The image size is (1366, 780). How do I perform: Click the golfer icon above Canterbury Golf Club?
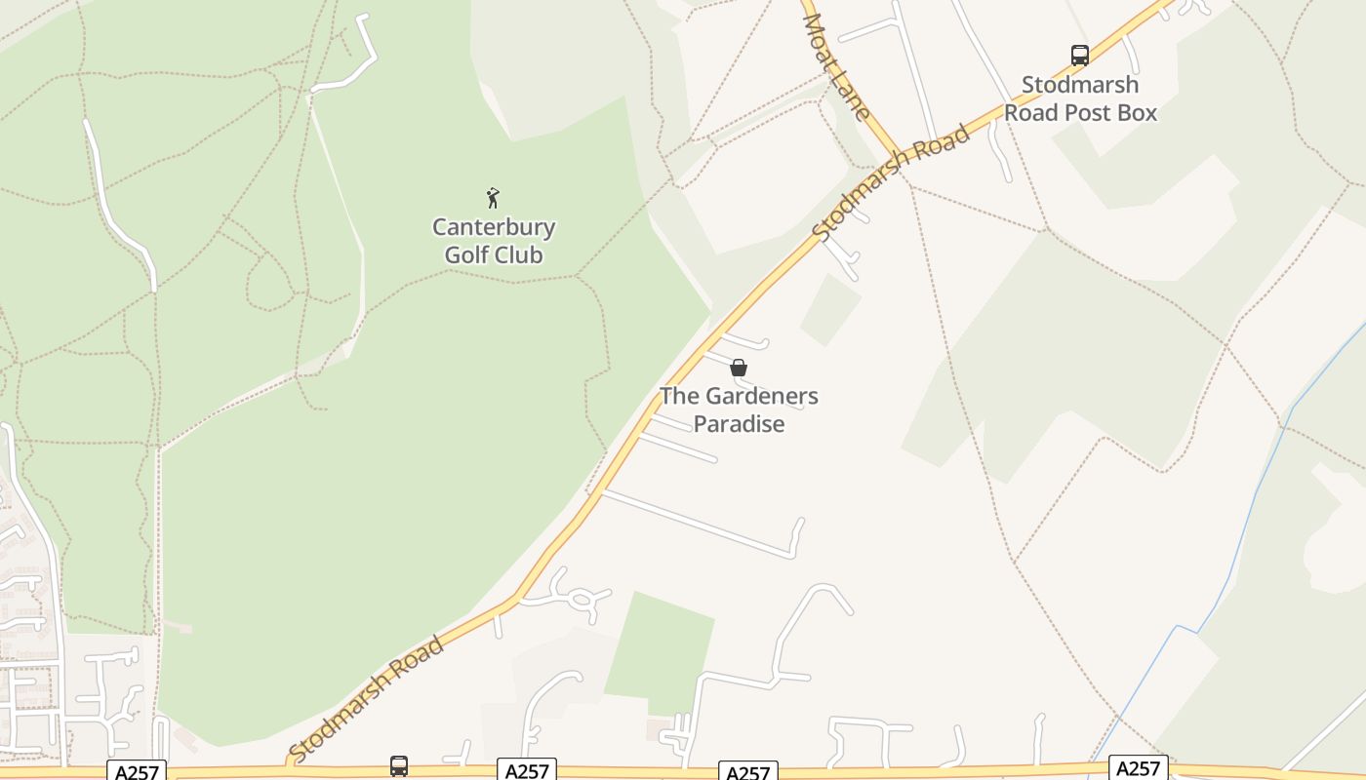coord(493,198)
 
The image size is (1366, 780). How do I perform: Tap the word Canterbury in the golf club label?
coord(494,228)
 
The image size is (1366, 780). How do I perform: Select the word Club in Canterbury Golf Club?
coord(521,255)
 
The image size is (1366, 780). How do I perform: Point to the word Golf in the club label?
coord(466,255)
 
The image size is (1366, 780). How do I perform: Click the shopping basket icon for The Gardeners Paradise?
coord(739,368)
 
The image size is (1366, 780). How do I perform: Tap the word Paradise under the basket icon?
coord(739,424)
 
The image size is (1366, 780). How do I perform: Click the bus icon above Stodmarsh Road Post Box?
coord(1079,56)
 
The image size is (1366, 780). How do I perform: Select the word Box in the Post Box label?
coord(1137,112)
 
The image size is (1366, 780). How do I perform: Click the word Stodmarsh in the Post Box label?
coord(1079,85)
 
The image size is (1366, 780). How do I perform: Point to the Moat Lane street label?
coord(837,66)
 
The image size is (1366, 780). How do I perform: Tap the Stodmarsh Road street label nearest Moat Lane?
coord(891,183)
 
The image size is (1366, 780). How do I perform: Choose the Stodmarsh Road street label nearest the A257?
coord(368,699)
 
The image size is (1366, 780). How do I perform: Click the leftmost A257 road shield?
coord(137,771)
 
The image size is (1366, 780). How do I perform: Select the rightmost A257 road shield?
coord(1138,768)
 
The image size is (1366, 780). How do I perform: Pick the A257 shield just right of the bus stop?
coord(527,771)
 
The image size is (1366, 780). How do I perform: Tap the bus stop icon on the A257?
coord(399,766)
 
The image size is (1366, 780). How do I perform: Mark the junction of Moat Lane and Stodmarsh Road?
coord(900,156)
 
